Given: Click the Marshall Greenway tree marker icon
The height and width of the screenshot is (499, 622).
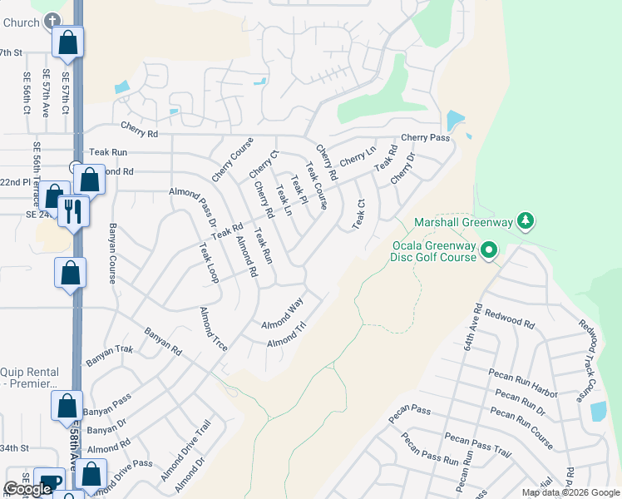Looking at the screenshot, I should click(x=525, y=221).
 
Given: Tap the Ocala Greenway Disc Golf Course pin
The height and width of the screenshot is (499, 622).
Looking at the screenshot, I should click(x=489, y=249).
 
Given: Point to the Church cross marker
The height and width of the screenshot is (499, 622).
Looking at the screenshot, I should click(x=53, y=21).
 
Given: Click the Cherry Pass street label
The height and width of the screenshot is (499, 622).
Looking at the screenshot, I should click(x=425, y=137).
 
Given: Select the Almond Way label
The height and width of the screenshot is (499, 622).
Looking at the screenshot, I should click(x=282, y=315).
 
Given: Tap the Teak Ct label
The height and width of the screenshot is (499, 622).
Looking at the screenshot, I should click(x=359, y=214).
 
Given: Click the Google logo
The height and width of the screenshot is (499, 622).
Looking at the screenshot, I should click(x=27, y=489).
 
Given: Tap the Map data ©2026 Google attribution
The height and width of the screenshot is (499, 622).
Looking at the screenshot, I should click(x=570, y=492).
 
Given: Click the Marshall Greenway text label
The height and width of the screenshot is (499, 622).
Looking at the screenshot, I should click(x=463, y=222).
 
